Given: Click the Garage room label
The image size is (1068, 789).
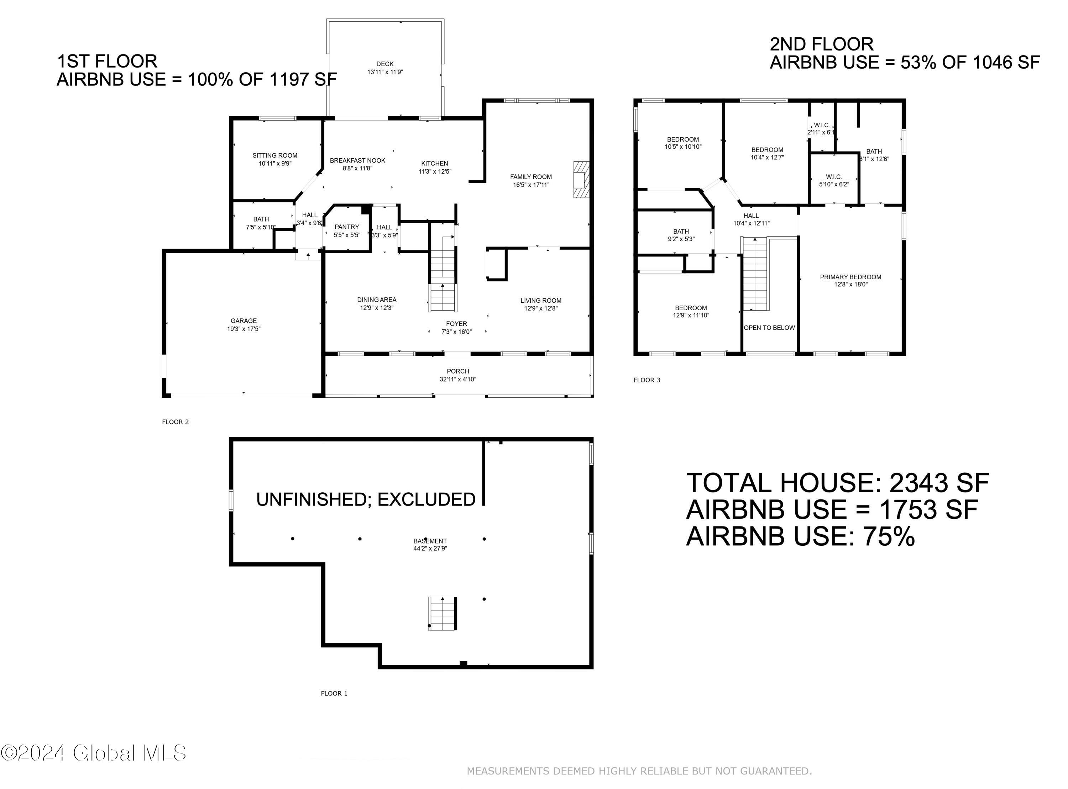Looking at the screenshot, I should (x=244, y=321).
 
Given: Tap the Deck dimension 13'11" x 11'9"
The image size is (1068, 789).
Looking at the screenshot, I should (x=385, y=72).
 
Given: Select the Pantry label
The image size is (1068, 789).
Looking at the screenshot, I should (x=346, y=227).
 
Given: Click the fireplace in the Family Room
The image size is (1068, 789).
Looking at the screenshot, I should (x=581, y=180).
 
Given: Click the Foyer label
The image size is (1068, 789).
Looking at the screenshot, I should (x=456, y=324).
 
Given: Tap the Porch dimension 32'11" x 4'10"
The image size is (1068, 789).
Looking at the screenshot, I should (x=458, y=379).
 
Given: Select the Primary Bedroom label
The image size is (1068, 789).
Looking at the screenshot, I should (x=850, y=277).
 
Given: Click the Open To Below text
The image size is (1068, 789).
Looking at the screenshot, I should (x=769, y=328).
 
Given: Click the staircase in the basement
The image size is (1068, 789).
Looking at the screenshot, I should (x=442, y=614).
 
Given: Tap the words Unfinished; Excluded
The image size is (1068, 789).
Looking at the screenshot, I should (x=366, y=499).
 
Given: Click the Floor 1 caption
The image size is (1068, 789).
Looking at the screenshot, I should (x=334, y=693).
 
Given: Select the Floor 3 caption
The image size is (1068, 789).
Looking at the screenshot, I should (x=646, y=380).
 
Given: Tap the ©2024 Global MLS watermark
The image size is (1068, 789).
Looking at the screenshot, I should (x=93, y=753).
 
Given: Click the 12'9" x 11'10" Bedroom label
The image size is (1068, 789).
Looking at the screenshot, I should (x=691, y=311).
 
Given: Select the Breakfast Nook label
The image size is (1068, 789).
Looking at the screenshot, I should (x=357, y=160).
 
